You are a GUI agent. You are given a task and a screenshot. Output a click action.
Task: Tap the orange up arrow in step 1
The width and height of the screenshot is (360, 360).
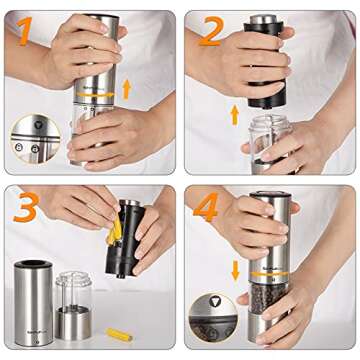point(126,89)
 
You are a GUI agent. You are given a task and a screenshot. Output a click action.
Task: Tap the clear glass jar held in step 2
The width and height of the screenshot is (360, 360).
point(265,144)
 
